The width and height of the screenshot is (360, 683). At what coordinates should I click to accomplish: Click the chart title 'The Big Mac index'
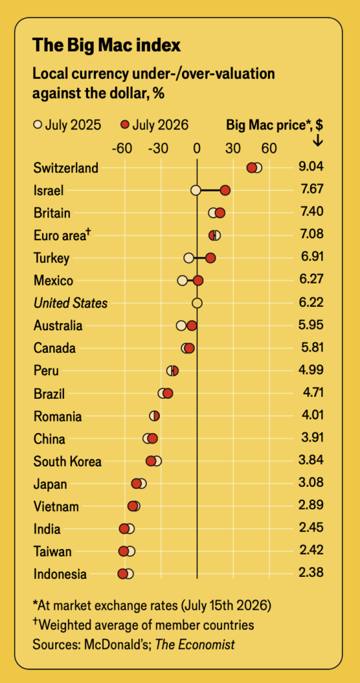107,45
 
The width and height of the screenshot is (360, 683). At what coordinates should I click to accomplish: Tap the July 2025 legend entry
67,125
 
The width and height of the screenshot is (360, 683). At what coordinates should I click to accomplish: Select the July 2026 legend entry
154,125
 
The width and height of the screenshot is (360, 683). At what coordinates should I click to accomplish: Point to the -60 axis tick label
122,149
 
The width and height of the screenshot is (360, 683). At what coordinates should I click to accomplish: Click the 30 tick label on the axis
233,149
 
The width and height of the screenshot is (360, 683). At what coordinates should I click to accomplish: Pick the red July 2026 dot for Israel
225,190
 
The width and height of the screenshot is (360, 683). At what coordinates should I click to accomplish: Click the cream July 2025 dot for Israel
196,190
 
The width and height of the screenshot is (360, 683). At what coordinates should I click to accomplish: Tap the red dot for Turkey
210,258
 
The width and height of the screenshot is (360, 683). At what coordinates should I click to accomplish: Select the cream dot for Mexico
183,281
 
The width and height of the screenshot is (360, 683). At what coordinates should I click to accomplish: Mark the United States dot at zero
197,303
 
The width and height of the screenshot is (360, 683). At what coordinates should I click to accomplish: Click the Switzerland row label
66,167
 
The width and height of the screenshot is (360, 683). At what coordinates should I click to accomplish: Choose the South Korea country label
67,462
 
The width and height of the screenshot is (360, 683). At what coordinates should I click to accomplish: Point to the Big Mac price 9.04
311,167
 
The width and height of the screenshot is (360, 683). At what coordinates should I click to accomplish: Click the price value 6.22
311,303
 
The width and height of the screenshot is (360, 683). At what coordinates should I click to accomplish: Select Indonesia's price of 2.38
311,573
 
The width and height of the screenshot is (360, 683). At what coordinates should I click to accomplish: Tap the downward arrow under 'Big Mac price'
318,140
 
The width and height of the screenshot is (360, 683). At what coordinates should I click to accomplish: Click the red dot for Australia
191,325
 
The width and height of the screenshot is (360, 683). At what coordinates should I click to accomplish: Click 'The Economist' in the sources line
195,644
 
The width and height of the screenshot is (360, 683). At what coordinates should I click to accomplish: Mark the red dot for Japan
136,484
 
